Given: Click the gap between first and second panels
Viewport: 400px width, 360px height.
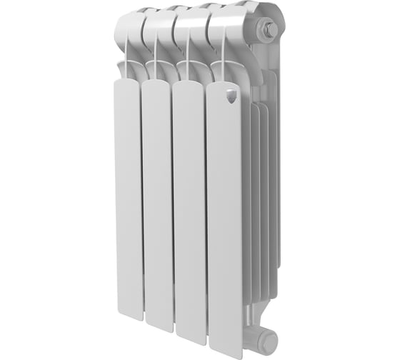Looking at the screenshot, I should pos(141,214).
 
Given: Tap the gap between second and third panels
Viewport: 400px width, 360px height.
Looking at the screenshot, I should pos(172,214).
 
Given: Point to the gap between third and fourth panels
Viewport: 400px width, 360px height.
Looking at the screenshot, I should pos(205,214).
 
